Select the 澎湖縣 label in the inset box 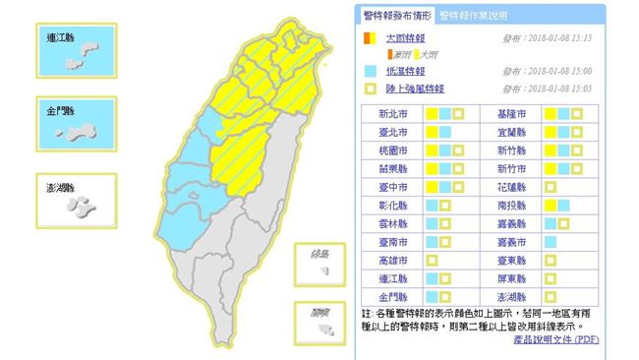(63, 186)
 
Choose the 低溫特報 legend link (399, 72)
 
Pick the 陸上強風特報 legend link (405, 88)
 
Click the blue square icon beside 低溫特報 (367, 72)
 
